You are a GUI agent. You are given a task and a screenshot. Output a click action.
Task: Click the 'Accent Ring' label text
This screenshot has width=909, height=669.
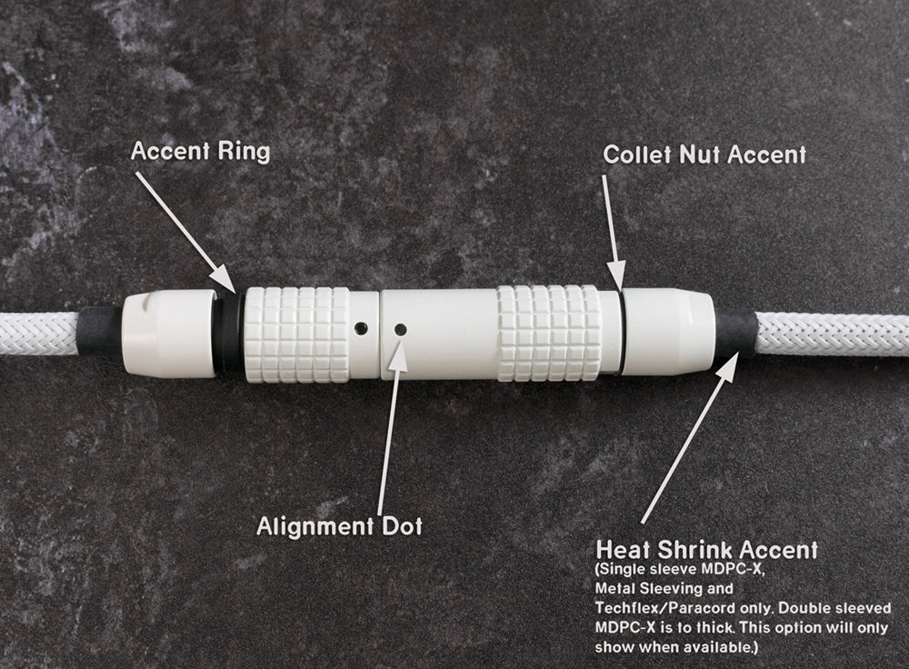[x=201, y=151]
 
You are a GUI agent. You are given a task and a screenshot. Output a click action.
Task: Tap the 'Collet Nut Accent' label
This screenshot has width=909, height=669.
[x=704, y=155]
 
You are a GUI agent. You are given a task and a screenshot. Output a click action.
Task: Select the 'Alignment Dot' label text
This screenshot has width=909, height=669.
[x=340, y=525]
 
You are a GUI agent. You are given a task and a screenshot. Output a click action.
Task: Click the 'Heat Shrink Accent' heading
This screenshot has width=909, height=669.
[x=706, y=549]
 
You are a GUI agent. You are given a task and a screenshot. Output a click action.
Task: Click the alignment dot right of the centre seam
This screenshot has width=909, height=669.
[x=399, y=329]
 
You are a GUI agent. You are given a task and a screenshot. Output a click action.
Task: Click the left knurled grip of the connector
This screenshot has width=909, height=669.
[x=297, y=334]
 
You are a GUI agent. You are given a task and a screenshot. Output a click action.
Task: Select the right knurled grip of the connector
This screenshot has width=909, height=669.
[x=549, y=334]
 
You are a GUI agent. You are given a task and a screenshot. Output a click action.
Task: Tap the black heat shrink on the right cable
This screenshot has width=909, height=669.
[x=735, y=337]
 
